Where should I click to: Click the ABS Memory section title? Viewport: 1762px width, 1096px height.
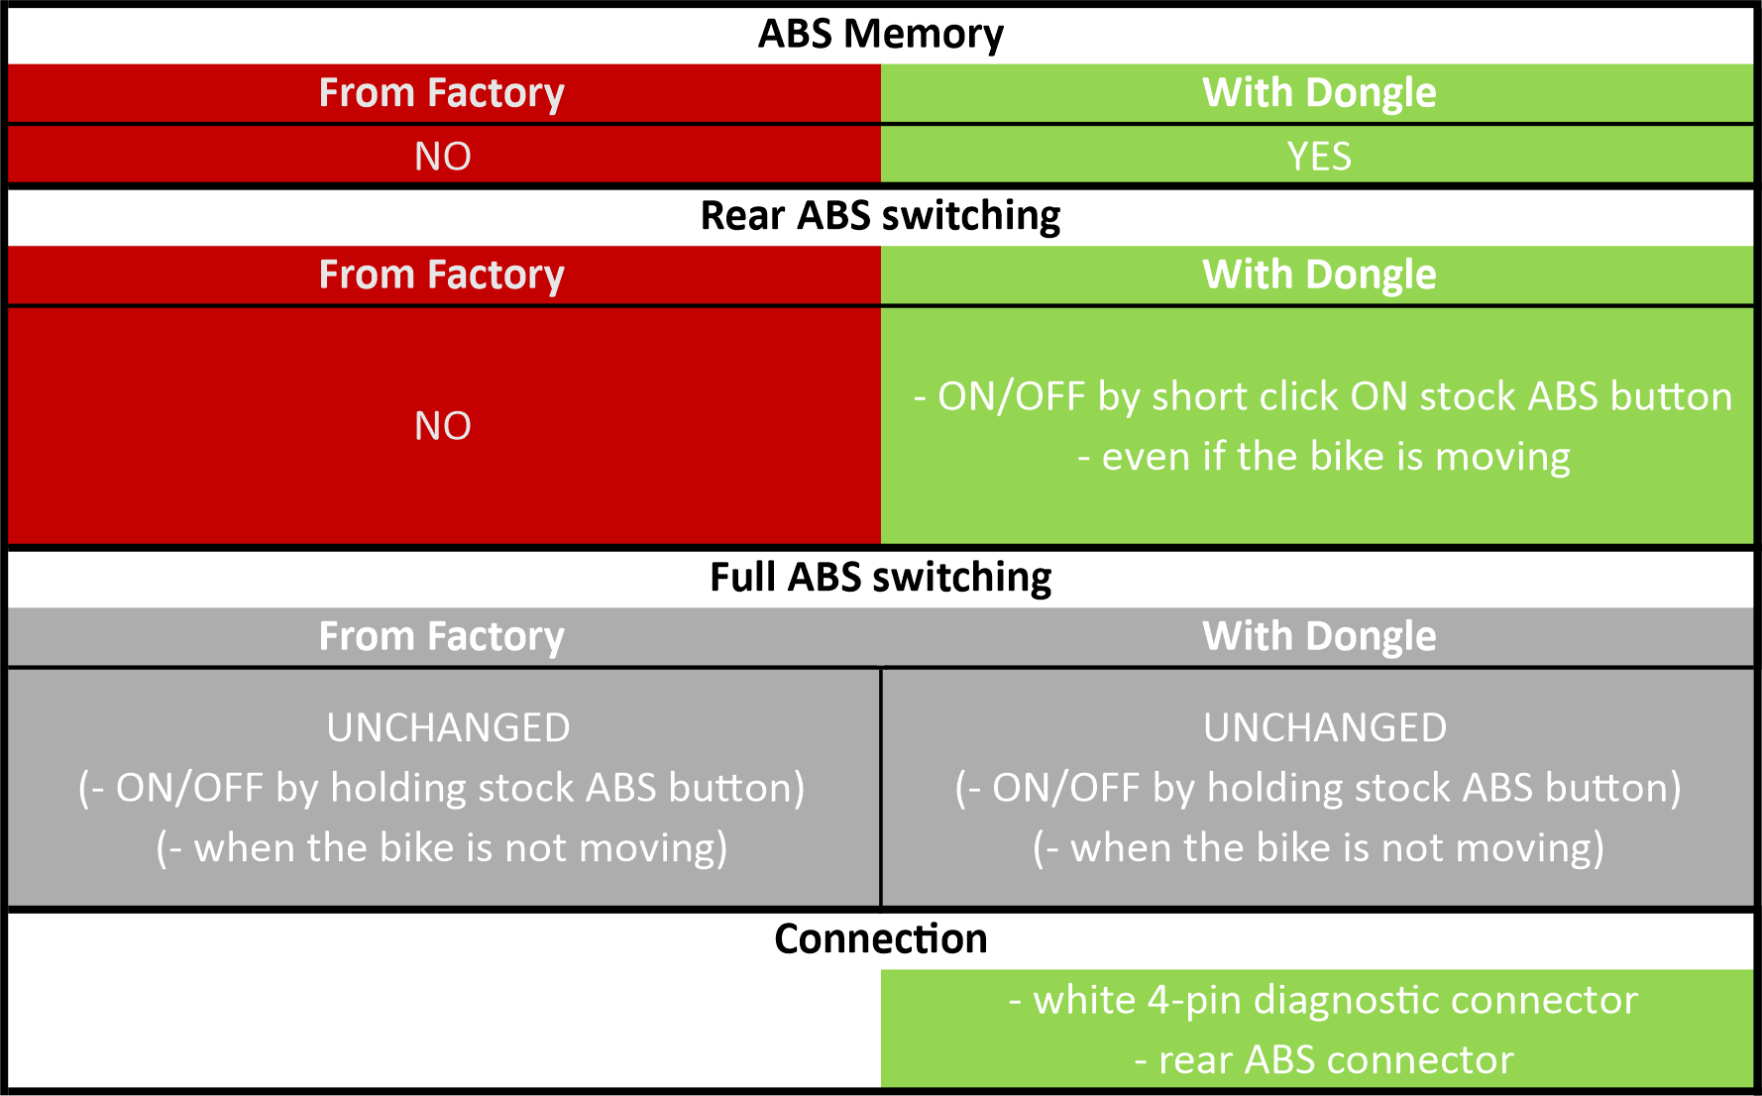tap(880, 34)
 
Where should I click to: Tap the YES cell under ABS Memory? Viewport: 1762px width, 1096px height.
tap(1319, 157)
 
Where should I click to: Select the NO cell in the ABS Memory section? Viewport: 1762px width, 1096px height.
tap(442, 157)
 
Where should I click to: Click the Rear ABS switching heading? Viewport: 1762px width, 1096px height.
tap(880, 215)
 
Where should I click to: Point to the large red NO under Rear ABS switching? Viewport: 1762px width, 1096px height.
tap(442, 426)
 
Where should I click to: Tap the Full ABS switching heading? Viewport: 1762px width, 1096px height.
tap(880, 577)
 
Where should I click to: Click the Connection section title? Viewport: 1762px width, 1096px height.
tap(880, 938)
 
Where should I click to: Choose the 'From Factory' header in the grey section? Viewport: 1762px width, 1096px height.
tap(442, 636)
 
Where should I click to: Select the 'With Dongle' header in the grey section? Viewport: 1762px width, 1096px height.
tap(1319, 636)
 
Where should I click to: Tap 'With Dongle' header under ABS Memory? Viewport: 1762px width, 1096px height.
tap(1319, 93)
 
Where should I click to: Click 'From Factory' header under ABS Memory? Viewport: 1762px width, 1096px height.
tap(442, 93)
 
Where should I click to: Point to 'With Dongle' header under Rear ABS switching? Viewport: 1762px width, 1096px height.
tap(1319, 274)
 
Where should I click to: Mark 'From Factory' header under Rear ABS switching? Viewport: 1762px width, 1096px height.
tap(442, 274)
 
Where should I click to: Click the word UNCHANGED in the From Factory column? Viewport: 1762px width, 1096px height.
tap(448, 728)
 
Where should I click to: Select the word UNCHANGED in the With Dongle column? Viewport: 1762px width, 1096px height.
tap(1325, 728)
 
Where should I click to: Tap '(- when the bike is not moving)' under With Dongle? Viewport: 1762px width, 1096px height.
tap(1319, 849)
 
